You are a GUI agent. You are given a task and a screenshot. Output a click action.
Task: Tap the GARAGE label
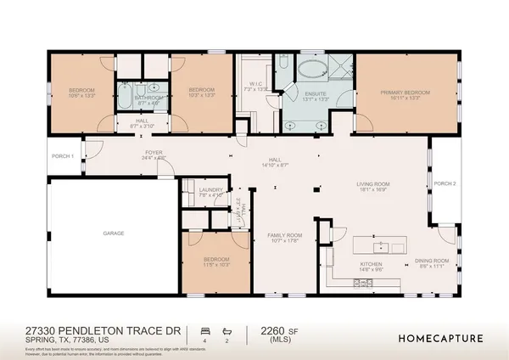(x=114, y=233)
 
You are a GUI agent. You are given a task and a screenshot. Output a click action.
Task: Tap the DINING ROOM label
(x=431, y=261)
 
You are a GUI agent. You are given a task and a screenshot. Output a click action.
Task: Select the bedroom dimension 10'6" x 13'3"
(x=82, y=96)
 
